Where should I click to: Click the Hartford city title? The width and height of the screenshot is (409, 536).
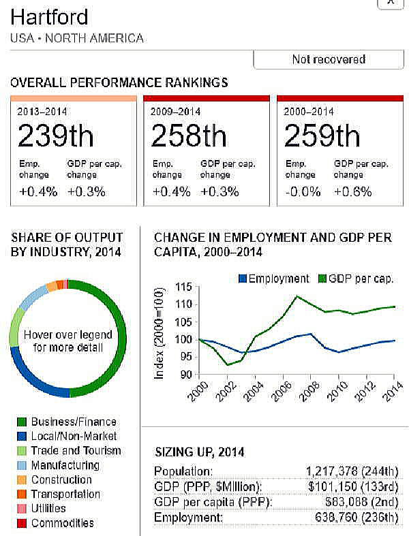pos(50,16)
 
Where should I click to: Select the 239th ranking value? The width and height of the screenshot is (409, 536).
pos(56,137)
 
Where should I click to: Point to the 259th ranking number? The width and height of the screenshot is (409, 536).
pos(322,137)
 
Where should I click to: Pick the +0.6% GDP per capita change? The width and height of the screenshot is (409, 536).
pos(353,191)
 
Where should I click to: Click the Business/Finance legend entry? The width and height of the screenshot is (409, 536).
pos(74,422)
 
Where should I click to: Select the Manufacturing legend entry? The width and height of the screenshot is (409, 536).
pos(65,465)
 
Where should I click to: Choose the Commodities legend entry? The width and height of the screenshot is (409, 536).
pos(62,523)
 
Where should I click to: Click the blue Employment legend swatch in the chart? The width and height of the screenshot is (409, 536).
pos(241,279)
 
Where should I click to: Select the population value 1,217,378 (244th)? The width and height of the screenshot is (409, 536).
pos(348,471)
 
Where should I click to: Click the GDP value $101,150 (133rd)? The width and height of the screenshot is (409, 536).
pos(354,487)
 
